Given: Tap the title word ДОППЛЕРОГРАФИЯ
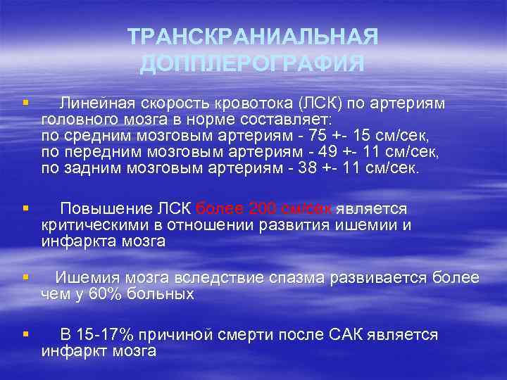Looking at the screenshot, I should (253, 64).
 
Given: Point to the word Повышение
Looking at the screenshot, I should (106, 209).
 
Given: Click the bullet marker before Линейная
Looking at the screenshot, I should (25, 104).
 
